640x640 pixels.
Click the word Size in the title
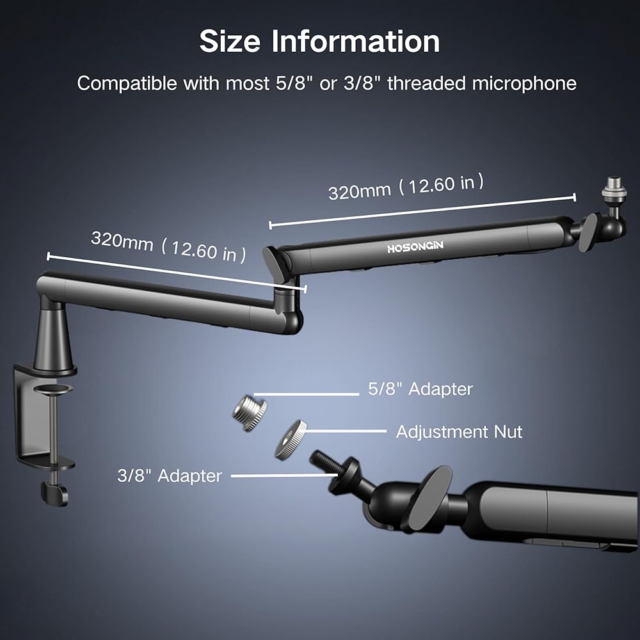pos(230,42)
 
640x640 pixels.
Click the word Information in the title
pos(355,42)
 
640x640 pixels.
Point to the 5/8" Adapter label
pos(420,388)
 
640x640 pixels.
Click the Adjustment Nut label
pos(459,432)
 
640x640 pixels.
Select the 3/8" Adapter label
pos(170,476)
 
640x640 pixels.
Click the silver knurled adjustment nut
pos(291,440)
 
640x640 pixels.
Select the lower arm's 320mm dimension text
pos(168,246)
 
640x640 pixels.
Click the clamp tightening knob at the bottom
pos(54,492)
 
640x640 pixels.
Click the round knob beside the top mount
pos(588,232)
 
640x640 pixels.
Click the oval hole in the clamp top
pos(52,388)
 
